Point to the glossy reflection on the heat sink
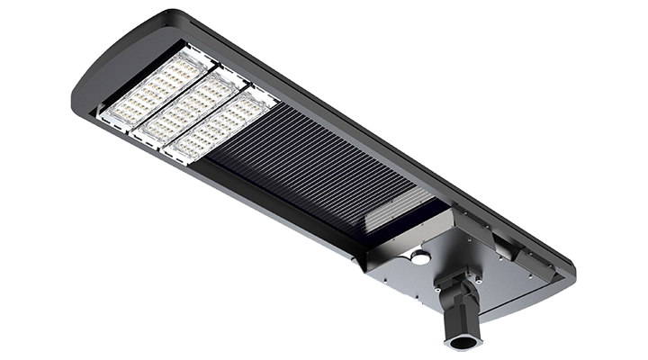[396, 202]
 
